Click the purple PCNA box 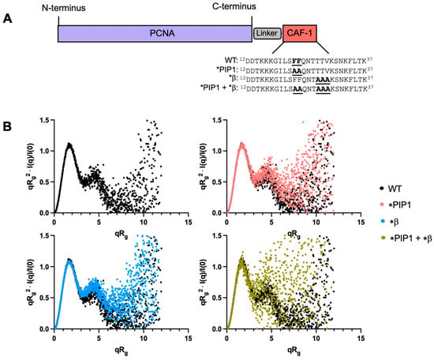click(x=155, y=33)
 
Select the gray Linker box click(x=267, y=33)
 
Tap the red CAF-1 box click(x=300, y=33)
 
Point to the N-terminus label click(x=64, y=8)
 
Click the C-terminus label click(x=234, y=6)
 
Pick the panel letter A click(x=7, y=19)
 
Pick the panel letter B click(x=7, y=126)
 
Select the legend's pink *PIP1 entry click(x=395, y=205)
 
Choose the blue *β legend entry click(x=389, y=221)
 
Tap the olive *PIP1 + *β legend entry click(x=406, y=238)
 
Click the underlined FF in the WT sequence click(x=297, y=60)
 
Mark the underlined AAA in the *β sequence click(x=323, y=80)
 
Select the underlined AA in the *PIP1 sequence click(x=297, y=70)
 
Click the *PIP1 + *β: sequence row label click(x=219, y=88)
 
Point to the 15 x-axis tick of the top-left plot click(x=189, y=223)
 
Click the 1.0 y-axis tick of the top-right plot click(x=218, y=151)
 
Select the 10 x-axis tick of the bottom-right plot click(x=316, y=338)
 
